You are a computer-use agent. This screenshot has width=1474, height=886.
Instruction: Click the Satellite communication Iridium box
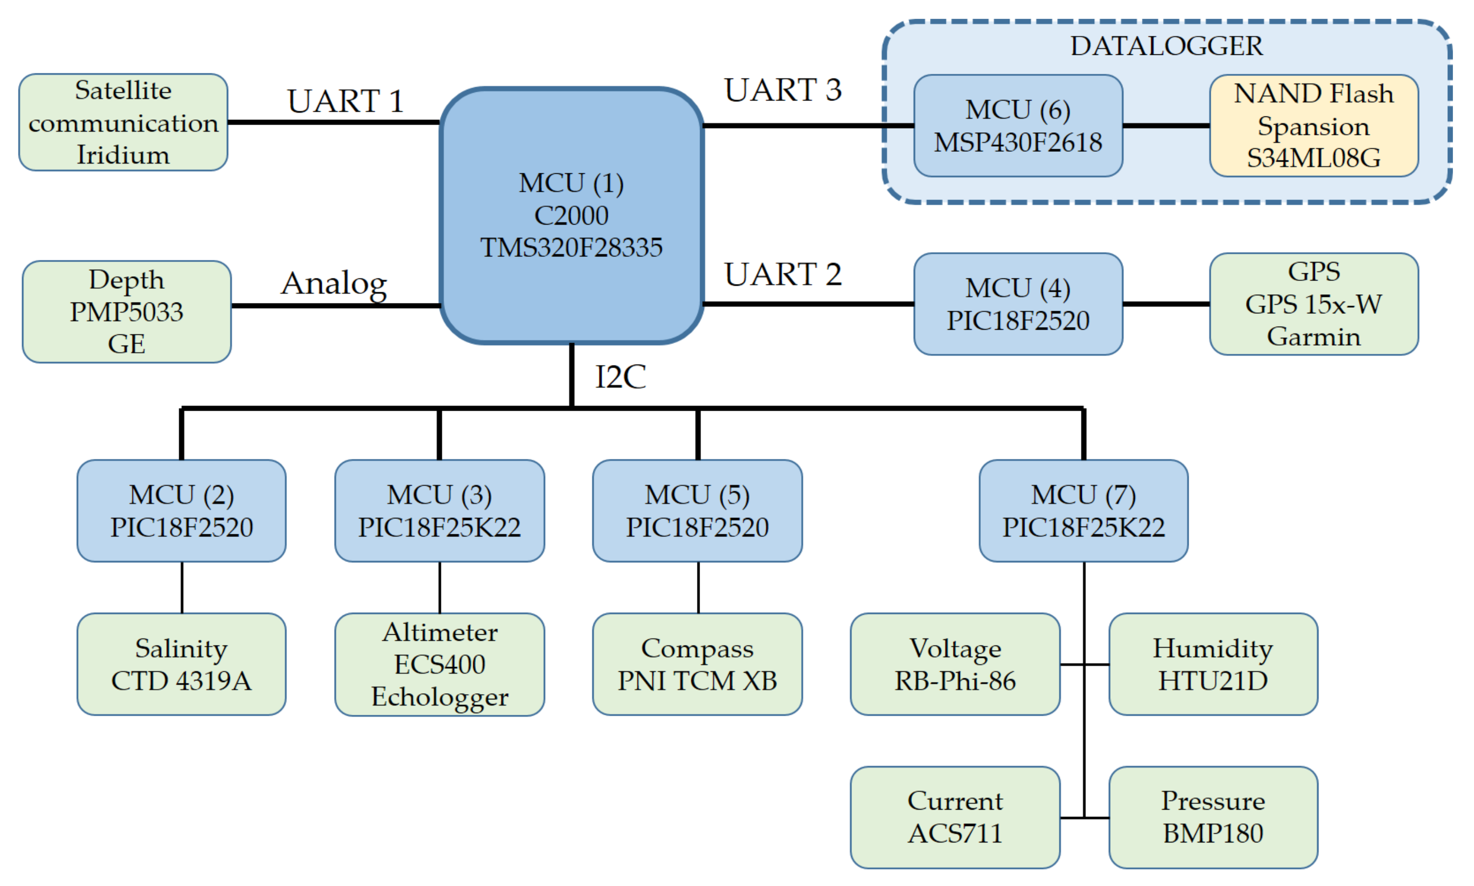(123, 123)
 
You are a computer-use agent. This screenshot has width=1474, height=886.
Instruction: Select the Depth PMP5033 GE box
(127, 312)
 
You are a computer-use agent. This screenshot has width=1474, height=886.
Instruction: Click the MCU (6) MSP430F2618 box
(1018, 126)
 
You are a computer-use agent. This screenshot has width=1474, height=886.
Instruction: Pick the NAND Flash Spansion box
(1314, 126)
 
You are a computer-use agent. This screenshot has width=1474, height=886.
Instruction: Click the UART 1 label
(345, 101)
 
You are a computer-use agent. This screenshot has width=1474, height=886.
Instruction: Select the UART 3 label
(783, 90)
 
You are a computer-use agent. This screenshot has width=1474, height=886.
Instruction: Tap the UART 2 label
(783, 275)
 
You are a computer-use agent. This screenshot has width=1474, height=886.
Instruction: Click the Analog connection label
(334, 284)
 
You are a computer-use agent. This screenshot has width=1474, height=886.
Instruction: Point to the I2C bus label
(620, 377)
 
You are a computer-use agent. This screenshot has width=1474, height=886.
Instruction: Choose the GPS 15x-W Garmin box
(1314, 304)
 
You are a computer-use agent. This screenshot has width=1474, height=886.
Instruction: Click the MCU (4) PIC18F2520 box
(1018, 304)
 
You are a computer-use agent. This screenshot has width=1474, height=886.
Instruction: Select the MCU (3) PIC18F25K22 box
(440, 511)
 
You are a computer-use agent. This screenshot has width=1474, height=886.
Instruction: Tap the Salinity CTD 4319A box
(182, 664)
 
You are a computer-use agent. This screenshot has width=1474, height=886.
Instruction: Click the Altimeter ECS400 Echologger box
(440, 664)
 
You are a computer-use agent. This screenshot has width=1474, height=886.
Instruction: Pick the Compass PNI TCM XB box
(697, 664)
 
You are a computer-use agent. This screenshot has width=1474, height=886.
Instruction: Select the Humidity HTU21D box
(1213, 664)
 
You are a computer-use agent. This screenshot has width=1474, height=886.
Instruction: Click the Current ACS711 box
(956, 817)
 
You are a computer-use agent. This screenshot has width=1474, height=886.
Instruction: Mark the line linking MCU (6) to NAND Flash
(1166, 126)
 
